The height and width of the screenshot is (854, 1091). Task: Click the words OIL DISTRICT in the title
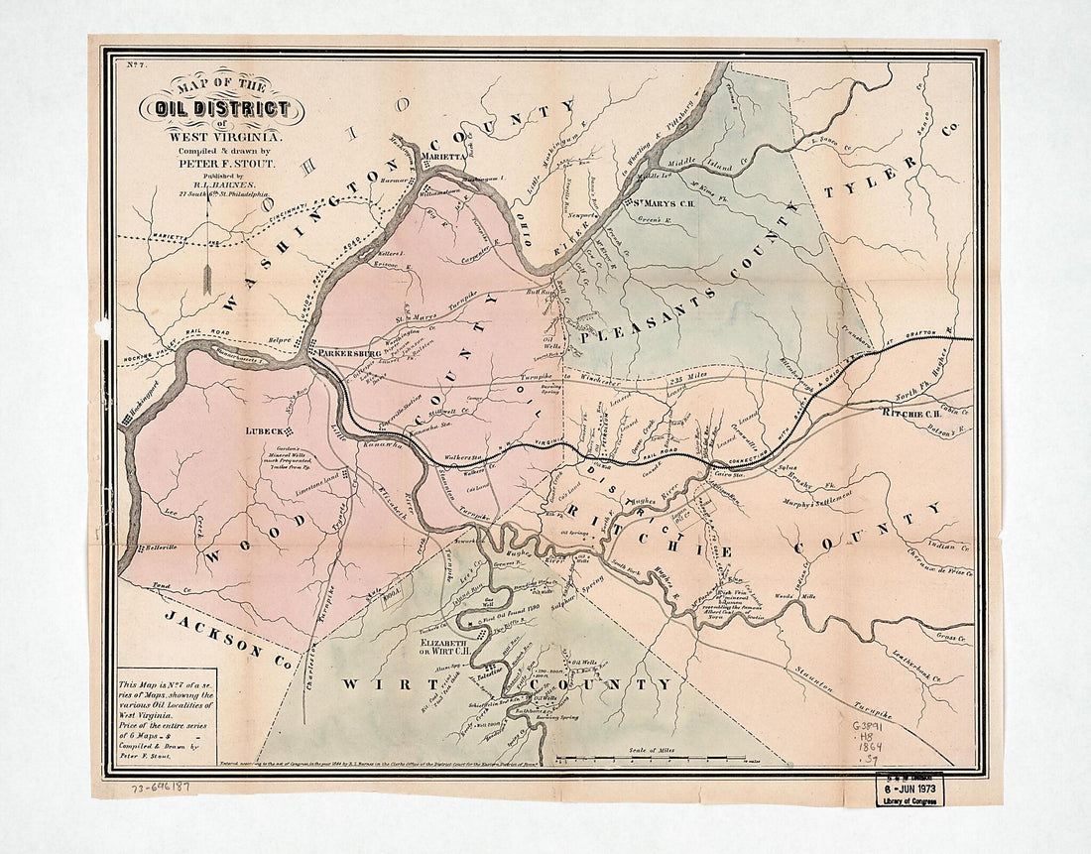point(215,109)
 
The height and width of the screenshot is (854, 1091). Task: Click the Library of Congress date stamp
point(909,790)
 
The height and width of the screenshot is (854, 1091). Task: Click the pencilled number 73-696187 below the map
point(158,787)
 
